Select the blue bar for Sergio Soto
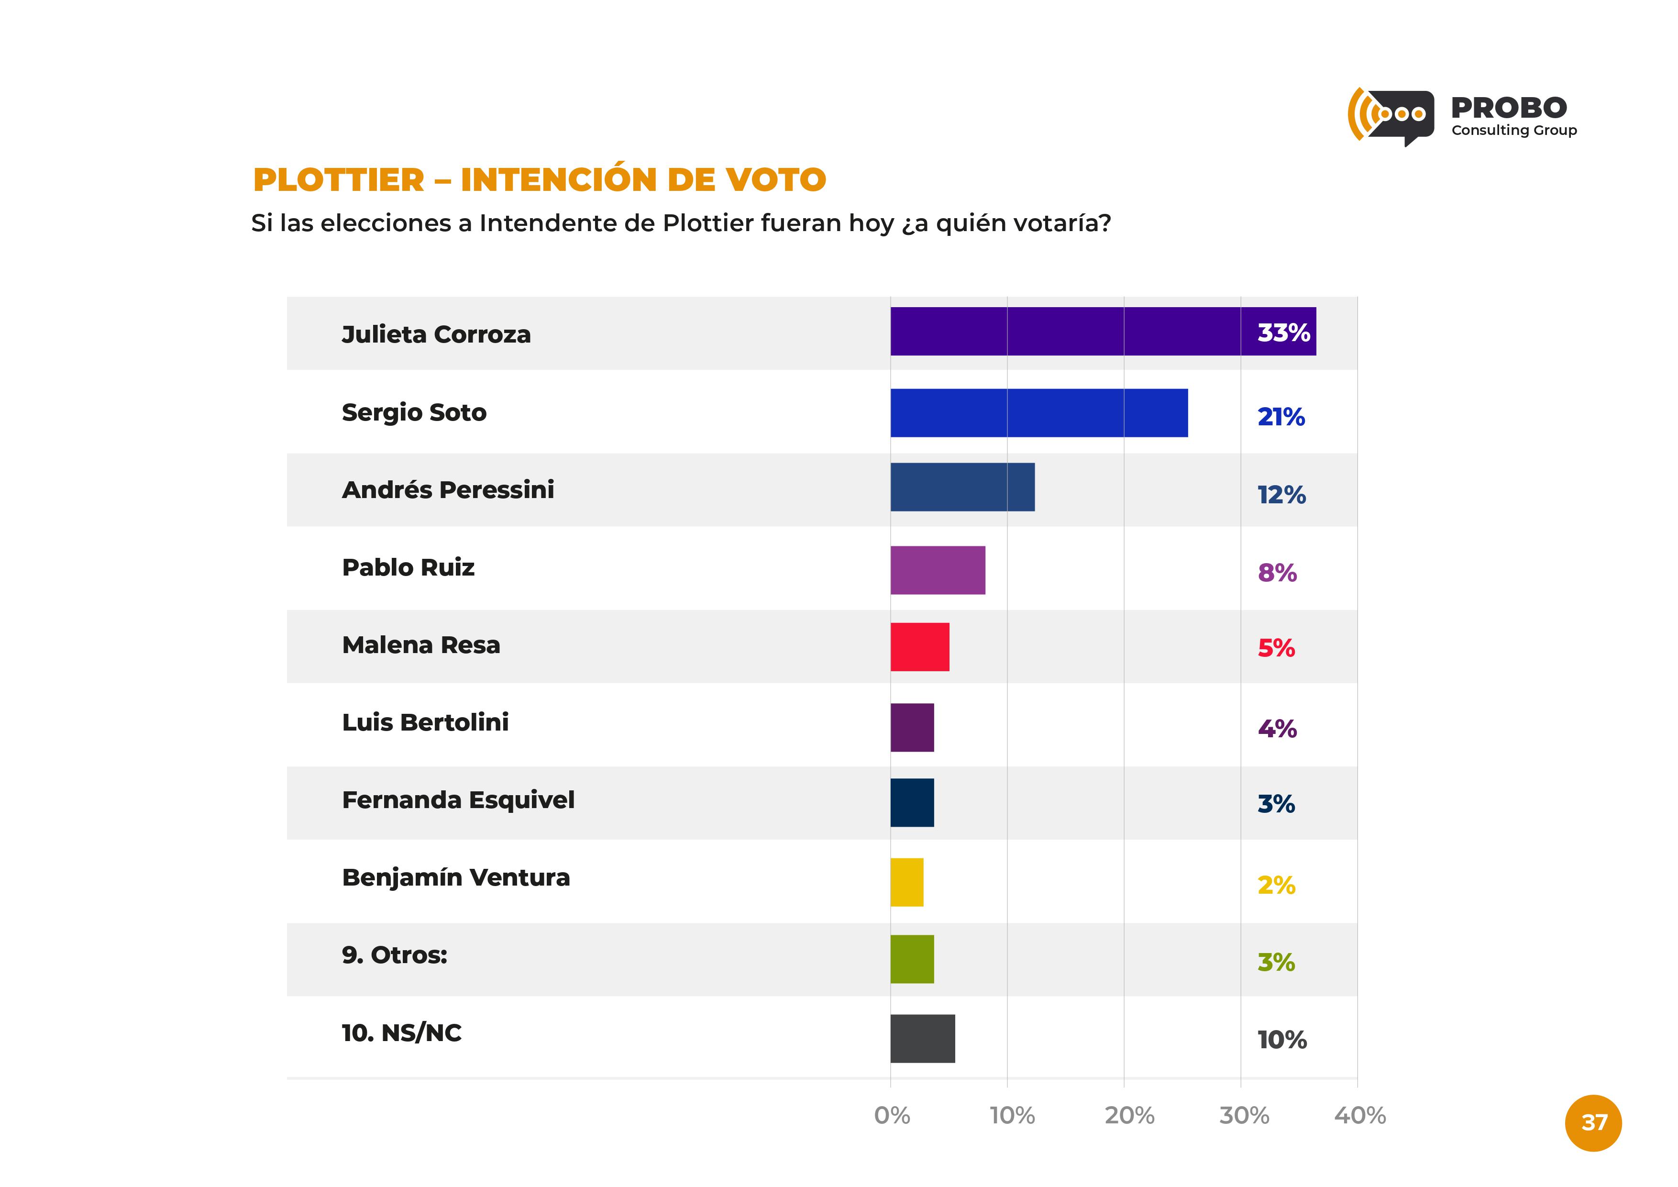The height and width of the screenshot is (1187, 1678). click(x=1038, y=413)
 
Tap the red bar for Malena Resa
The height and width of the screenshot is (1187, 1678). click(x=919, y=647)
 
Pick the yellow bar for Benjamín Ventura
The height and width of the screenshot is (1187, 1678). click(x=906, y=882)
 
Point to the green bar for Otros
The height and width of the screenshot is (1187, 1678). click(x=911, y=959)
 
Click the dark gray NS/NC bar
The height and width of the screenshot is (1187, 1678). click(x=922, y=1039)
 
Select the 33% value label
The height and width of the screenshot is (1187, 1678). click(x=1283, y=333)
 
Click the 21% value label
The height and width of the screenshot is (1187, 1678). click(x=1281, y=417)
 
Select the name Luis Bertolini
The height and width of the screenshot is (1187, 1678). click(x=425, y=722)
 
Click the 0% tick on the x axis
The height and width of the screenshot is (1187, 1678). click(x=892, y=1115)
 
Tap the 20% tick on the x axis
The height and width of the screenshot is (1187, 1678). click(x=1129, y=1115)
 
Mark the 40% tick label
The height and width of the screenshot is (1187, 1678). click(x=1359, y=1115)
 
